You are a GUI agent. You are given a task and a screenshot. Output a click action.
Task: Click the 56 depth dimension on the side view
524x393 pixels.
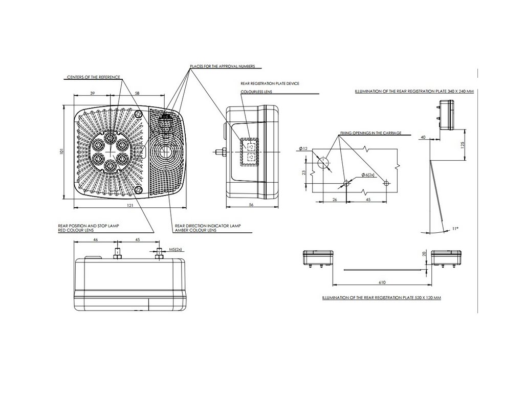click(x=251, y=204)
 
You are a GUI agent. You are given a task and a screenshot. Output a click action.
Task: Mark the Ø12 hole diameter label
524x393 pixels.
click(x=303, y=148)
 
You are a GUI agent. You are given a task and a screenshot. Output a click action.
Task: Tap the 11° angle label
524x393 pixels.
click(x=454, y=229)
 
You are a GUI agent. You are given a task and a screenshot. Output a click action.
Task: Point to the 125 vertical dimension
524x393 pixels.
click(x=462, y=144)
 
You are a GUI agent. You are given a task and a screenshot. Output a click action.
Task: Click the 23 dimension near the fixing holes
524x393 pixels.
click(x=304, y=172)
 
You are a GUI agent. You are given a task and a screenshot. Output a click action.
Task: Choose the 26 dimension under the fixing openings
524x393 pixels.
click(x=335, y=200)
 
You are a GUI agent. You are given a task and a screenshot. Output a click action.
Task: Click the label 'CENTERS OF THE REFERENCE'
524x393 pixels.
click(x=94, y=77)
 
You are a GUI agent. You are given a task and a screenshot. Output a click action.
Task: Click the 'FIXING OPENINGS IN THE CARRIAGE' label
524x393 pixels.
click(x=370, y=133)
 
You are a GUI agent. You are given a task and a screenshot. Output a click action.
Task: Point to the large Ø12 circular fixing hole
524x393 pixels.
click(x=323, y=163)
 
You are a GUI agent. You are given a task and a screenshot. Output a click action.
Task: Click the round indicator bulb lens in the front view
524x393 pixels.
click(x=165, y=152)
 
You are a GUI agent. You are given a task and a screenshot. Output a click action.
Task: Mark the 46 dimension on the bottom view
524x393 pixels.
click(x=96, y=239)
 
